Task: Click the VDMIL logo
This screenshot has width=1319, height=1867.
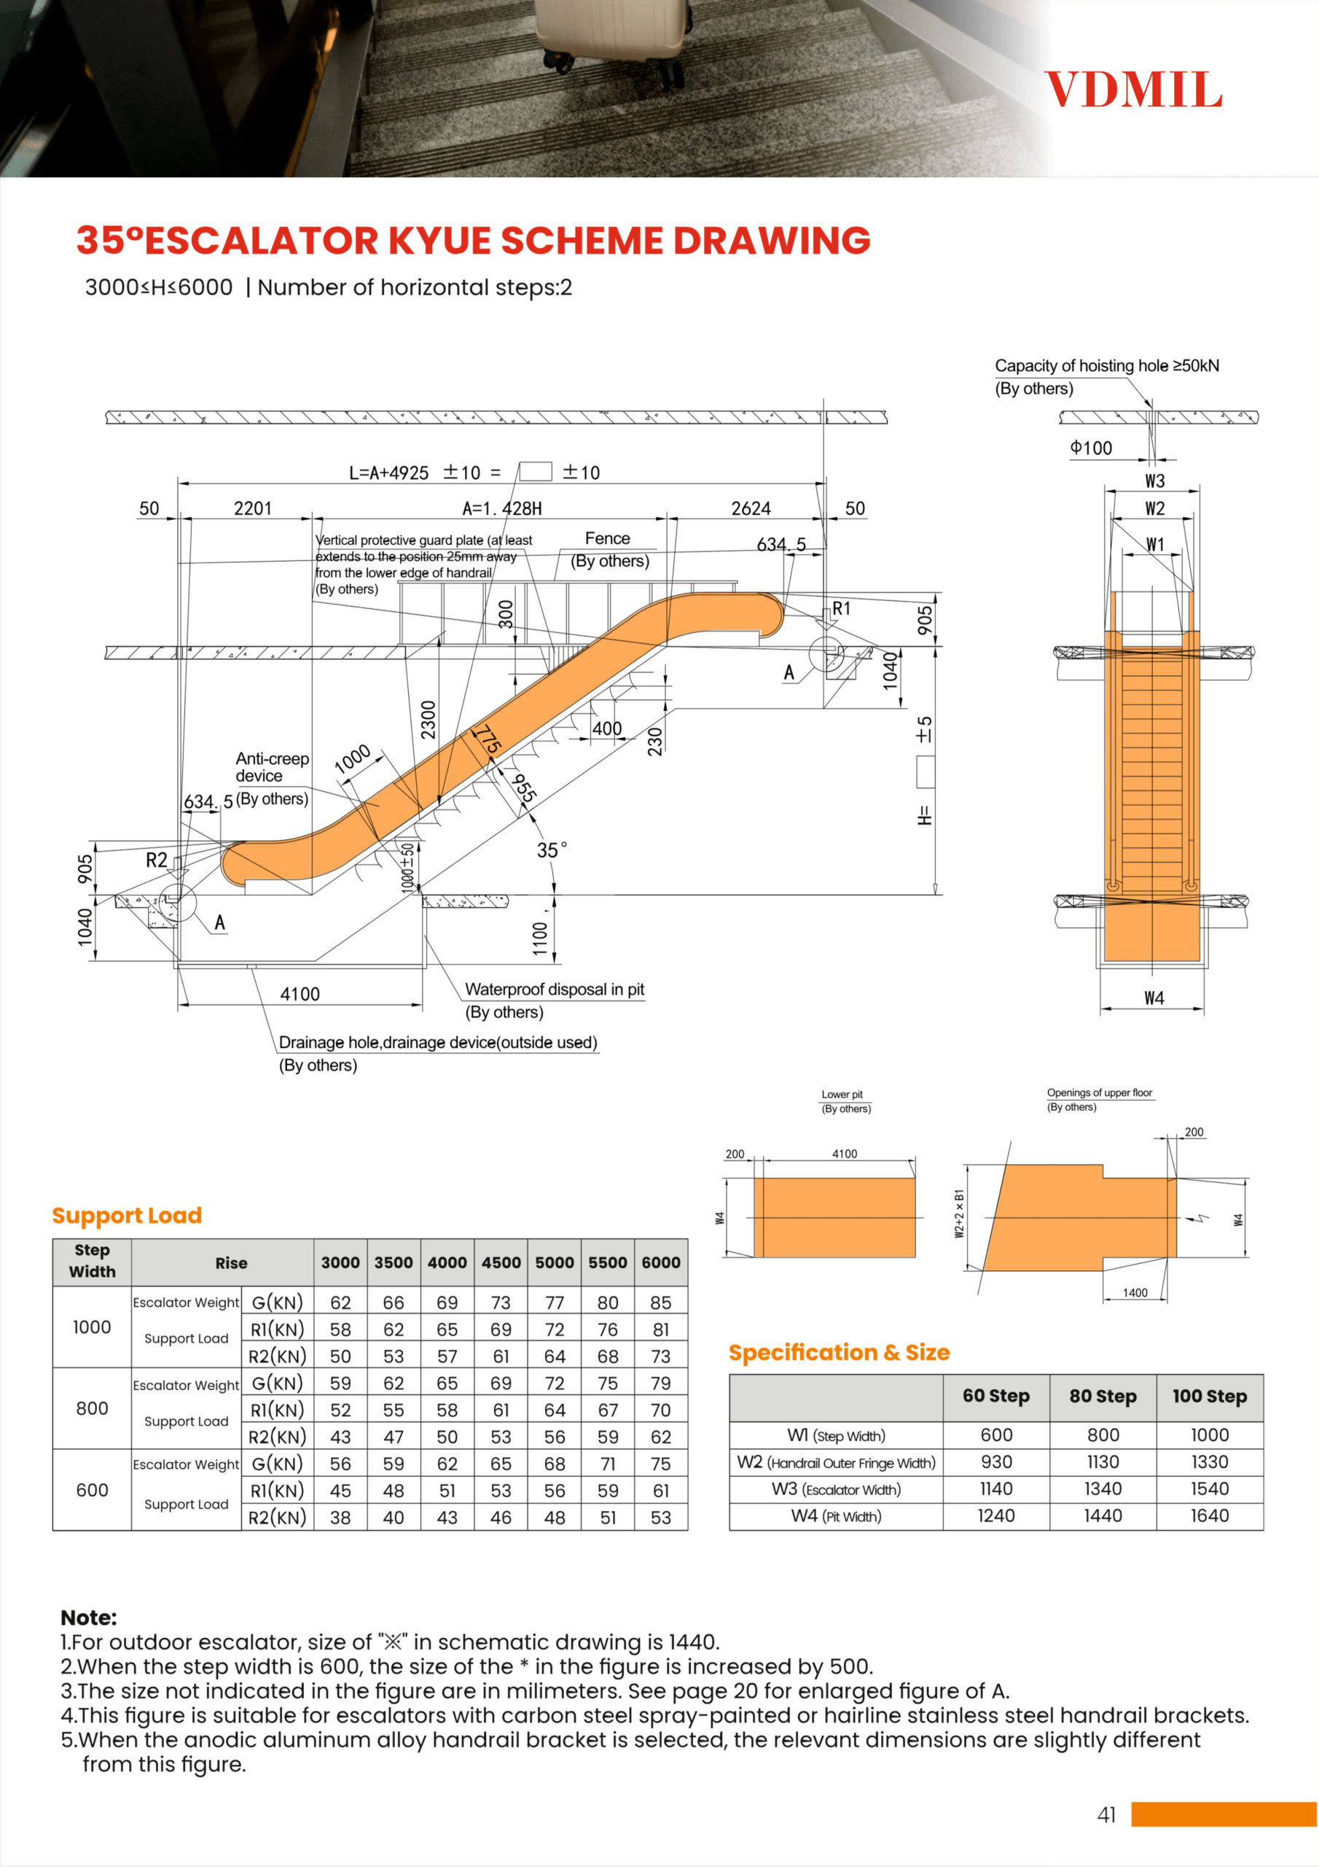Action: pyautogui.click(x=1133, y=90)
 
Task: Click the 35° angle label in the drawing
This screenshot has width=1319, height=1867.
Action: pyautogui.click(x=552, y=850)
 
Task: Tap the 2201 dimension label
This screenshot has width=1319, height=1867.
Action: pyautogui.click(x=253, y=508)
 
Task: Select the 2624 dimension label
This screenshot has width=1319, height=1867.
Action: pyautogui.click(x=750, y=508)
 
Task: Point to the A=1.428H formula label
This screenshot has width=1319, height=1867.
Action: pyautogui.click(x=501, y=508)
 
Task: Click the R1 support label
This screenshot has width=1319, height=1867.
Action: pyautogui.click(x=841, y=608)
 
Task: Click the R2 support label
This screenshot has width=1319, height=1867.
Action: pyautogui.click(x=156, y=860)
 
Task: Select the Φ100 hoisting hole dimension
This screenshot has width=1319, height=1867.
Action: pyautogui.click(x=1091, y=448)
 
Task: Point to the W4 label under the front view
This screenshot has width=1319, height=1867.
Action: pyautogui.click(x=1154, y=998)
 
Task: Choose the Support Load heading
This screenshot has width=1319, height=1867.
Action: pyautogui.click(x=127, y=1215)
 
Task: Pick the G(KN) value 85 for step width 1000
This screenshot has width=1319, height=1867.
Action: pyautogui.click(x=661, y=1303)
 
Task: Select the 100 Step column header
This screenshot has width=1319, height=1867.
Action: pyautogui.click(x=1209, y=1396)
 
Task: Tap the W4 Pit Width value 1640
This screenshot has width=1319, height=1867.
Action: pyautogui.click(x=1209, y=1515)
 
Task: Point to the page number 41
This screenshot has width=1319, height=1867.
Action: pyautogui.click(x=1106, y=1815)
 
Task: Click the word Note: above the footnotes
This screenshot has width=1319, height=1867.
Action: pyautogui.click(x=89, y=1618)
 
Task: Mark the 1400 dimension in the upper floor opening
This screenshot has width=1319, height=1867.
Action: pyautogui.click(x=1135, y=1292)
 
